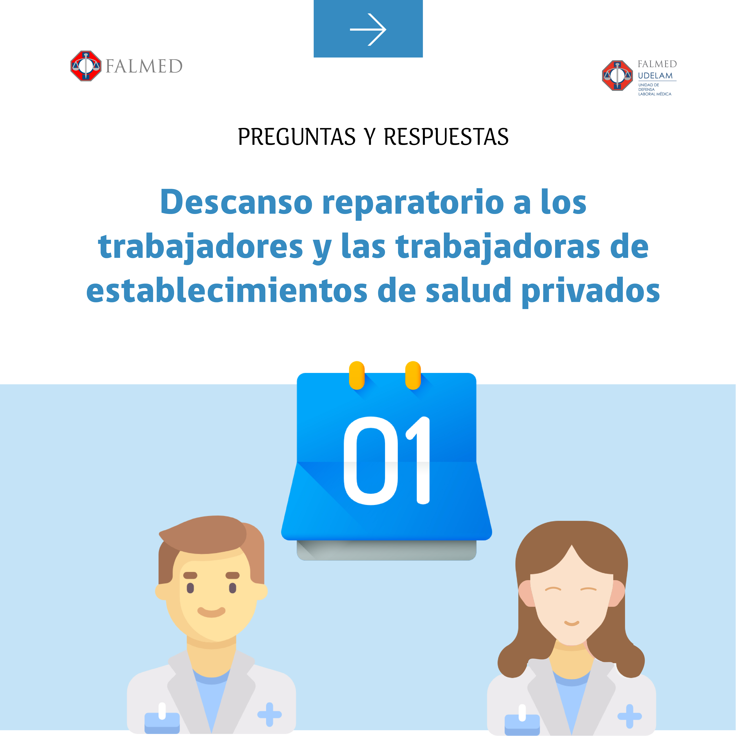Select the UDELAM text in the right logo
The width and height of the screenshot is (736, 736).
pos(655,75)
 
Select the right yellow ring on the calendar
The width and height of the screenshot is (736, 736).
pos(413,375)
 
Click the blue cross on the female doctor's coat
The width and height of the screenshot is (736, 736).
pos(629,716)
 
